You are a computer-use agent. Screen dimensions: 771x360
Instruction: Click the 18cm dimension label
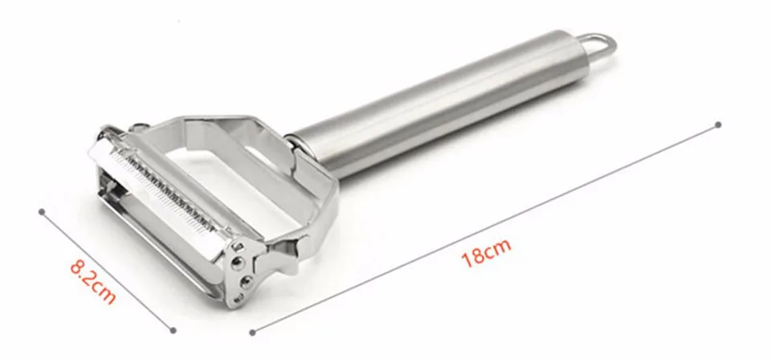486,252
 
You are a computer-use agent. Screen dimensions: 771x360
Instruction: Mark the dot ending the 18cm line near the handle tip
718,125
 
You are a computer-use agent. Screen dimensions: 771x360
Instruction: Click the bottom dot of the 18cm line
252,333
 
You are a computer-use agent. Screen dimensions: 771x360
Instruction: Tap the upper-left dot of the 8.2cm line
42,212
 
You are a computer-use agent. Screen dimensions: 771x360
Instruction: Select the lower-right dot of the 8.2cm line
173,330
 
